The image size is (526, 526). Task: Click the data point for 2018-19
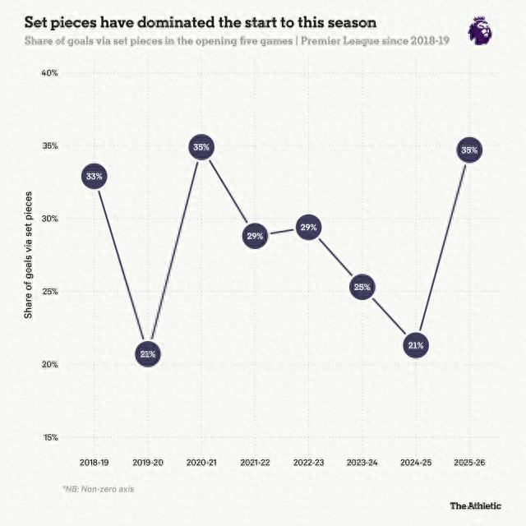point(95,176)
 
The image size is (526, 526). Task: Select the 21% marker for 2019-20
point(148,354)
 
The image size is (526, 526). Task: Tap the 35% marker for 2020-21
point(201,148)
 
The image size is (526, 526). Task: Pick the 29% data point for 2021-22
point(255,237)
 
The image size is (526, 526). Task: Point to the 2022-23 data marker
point(308,228)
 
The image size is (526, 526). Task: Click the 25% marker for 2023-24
point(362,287)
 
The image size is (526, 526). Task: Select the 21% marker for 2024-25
point(415,345)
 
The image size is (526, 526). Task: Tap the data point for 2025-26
point(468,150)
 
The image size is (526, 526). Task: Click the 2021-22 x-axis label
point(255,464)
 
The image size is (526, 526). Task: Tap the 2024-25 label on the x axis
point(415,464)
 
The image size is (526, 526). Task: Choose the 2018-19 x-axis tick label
point(95,464)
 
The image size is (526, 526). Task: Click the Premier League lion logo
point(479,30)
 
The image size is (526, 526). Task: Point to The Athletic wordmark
point(475,505)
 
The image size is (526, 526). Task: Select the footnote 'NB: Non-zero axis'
point(98,488)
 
